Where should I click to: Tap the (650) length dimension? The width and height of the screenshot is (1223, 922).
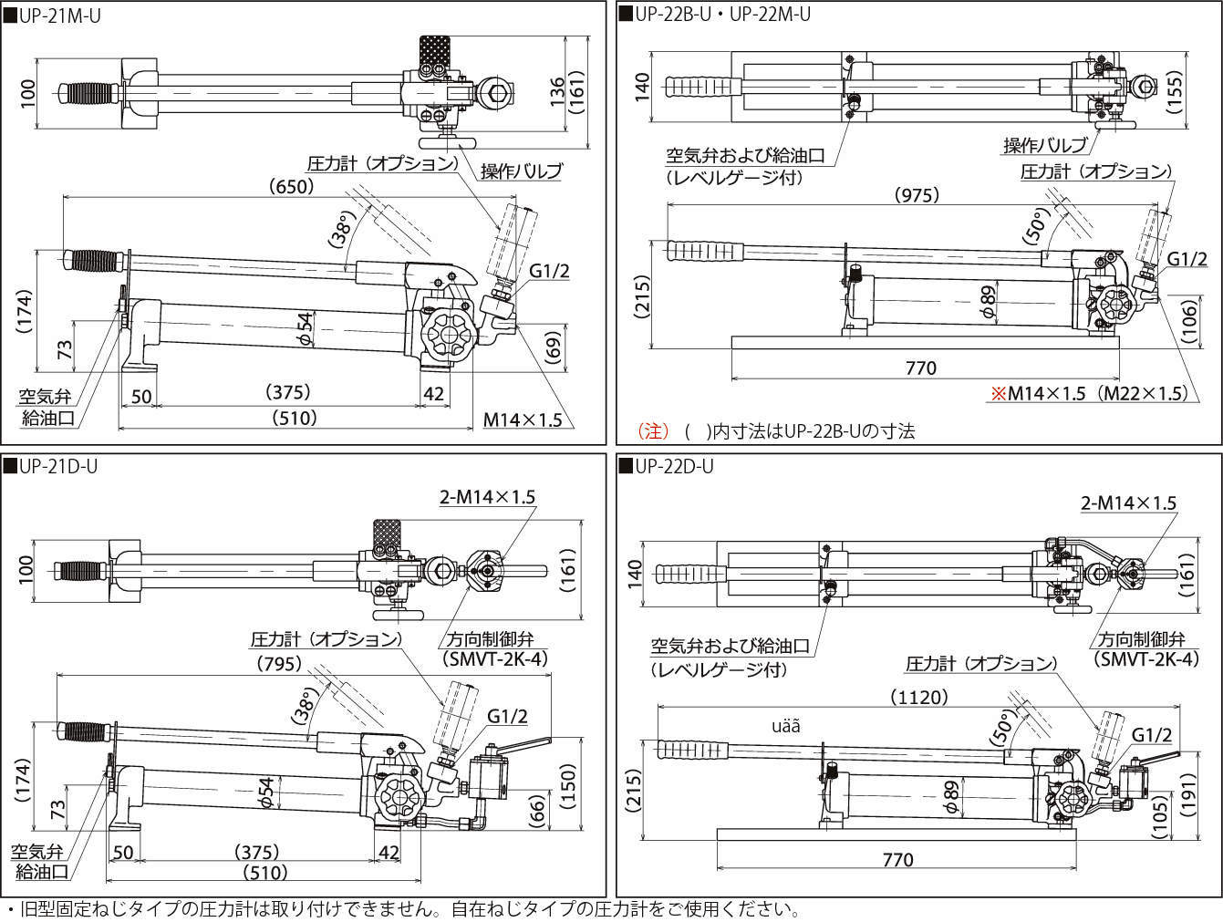click(x=292, y=187)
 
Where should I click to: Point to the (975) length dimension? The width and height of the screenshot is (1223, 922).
click(x=917, y=195)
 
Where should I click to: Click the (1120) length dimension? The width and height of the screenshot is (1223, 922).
click(x=917, y=697)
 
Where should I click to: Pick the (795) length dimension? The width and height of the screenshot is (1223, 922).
click(x=279, y=664)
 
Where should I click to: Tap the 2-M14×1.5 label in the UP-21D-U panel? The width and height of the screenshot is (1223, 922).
click(x=487, y=497)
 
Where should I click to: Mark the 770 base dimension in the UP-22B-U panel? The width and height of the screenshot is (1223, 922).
click(x=921, y=368)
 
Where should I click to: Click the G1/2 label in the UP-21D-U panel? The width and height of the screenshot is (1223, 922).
click(x=507, y=716)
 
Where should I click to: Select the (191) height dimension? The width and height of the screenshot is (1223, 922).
click(x=1187, y=801)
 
